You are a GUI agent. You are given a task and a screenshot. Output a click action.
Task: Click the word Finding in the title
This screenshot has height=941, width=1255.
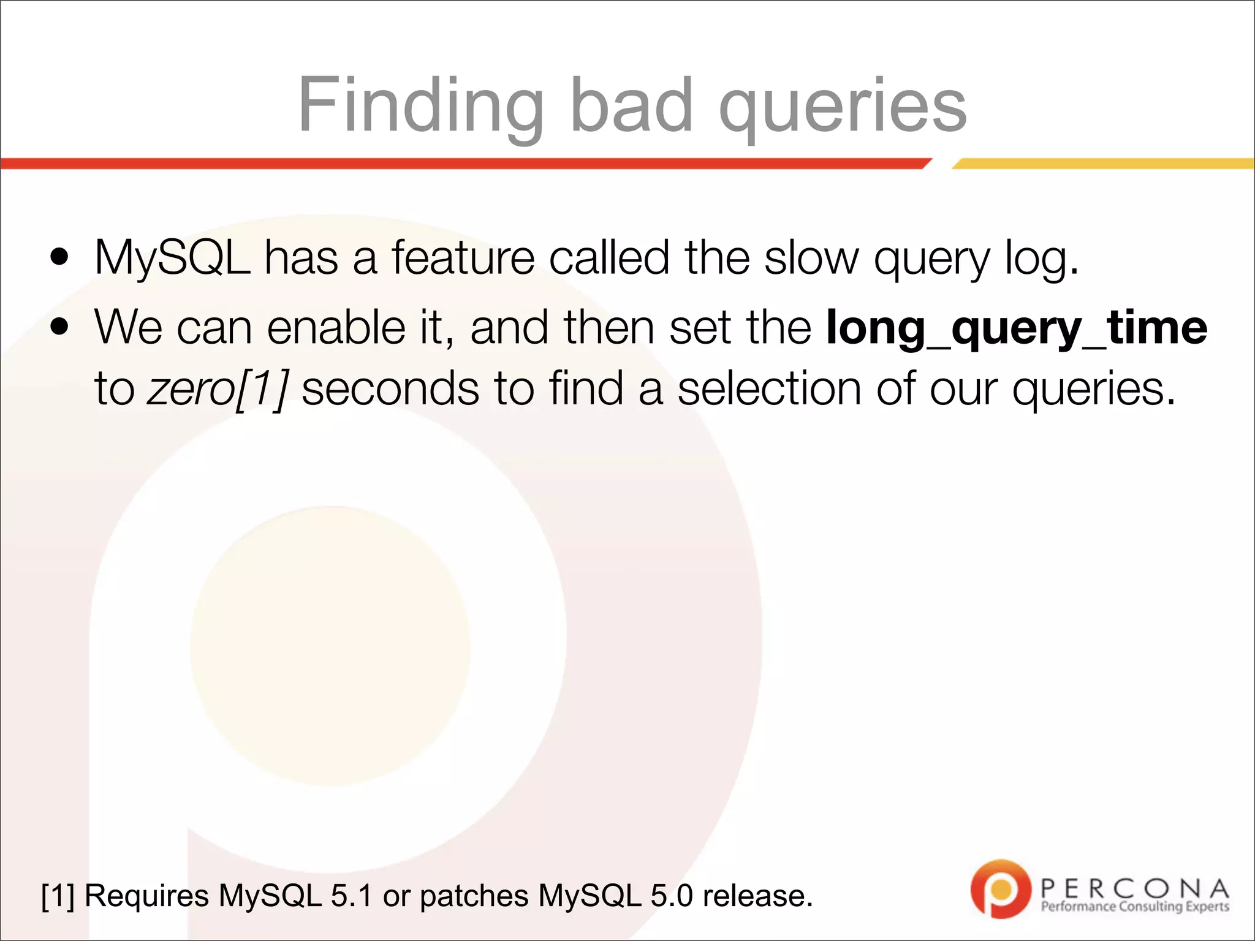(420, 105)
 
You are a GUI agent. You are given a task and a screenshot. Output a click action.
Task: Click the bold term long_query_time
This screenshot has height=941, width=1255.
(1017, 328)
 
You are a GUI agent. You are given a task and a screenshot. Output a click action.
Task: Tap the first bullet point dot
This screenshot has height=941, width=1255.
(59, 258)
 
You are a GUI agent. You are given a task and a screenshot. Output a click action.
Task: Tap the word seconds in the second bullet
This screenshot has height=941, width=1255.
(390, 389)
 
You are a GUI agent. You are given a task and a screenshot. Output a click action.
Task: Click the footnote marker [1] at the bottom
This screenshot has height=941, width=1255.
(58, 896)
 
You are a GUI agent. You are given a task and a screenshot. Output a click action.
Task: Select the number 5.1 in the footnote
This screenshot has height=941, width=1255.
(351, 896)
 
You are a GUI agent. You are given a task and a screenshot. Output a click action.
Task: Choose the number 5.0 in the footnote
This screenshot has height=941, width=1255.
(671, 896)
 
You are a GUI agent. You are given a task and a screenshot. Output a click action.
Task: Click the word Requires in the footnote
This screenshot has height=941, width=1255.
(146, 896)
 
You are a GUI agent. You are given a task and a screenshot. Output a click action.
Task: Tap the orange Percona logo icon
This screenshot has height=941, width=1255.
(1000, 889)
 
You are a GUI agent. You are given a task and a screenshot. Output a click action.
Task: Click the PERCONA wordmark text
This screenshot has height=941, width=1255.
(1134, 888)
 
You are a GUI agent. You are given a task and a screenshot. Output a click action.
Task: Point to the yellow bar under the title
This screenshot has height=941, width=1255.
(1103, 164)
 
